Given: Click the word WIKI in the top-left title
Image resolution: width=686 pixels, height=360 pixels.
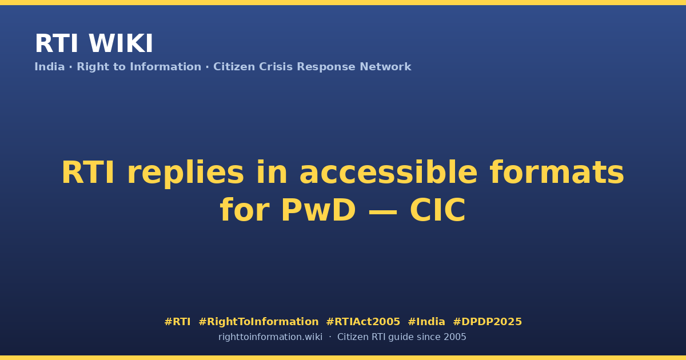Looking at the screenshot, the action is pyautogui.click(x=121, y=43).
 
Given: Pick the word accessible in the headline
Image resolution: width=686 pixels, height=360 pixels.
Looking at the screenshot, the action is pyautogui.click(x=388, y=173).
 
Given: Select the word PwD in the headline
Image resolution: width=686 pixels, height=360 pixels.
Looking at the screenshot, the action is pyautogui.click(x=318, y=210).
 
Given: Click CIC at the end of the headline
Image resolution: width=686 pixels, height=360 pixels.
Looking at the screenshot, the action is pyautogui.click(x=438, y=210).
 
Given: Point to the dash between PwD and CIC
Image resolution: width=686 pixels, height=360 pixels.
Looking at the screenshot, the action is pyautogui.click(x=383, y=211).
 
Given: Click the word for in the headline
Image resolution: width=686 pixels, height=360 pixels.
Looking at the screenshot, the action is pyautogui.click(x=245, y=210).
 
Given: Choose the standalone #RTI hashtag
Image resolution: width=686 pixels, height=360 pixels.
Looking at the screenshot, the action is pyautogui.click(x=177, y=322).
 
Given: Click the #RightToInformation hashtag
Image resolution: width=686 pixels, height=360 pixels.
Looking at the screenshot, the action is pyautogui.click(x=258, y=322).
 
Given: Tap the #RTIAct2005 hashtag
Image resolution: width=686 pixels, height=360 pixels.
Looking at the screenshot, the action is pyautogui.click(x=363, y=322).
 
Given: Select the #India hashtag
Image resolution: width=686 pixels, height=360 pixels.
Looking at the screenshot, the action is pyautogui.click(x=426, y=322).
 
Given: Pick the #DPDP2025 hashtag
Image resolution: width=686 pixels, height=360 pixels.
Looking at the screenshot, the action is pyautogui.click(x=487, y=322).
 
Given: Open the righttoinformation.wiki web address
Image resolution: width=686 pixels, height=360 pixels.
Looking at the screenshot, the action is pyautogui.click(x=270, y=337).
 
